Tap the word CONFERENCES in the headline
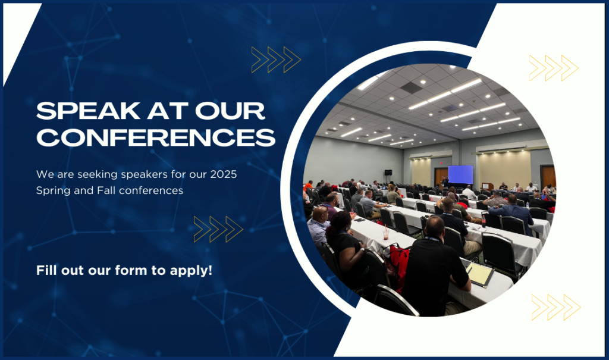[156, 137]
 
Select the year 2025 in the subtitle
[224, 174]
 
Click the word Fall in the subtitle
[106, 190]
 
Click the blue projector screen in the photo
[461, 174]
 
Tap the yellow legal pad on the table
[481, 274]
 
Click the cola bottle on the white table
[484, 221]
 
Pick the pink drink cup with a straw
[385, 233]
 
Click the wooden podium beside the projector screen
[487, 186]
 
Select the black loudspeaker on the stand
[388, 173]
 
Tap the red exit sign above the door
[441, 163]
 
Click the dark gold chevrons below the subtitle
[218, 229]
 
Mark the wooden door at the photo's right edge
[548, 177]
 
